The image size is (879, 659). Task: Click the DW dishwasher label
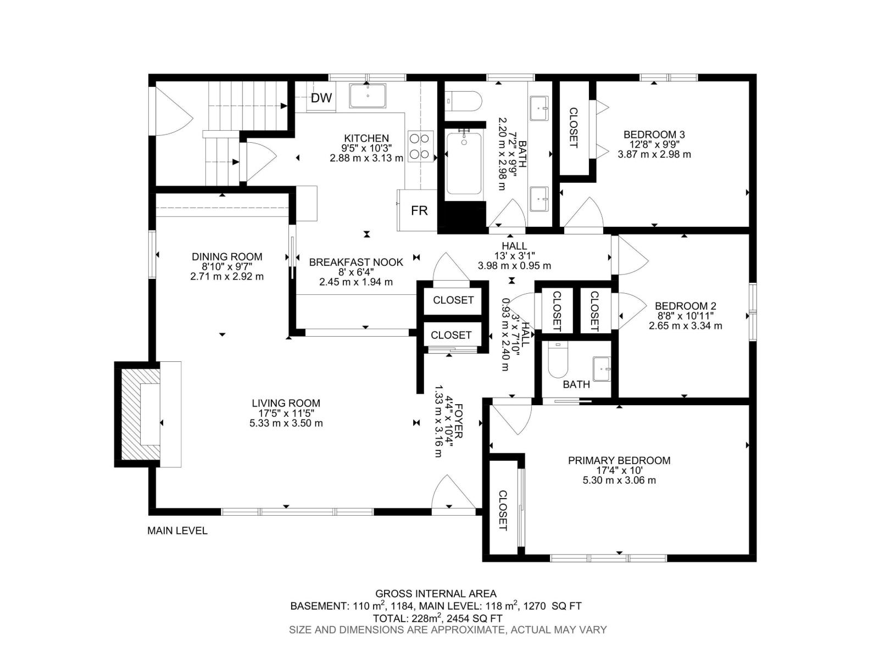(321, 98)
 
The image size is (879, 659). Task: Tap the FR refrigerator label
(419, 210)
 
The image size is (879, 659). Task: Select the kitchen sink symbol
(368, 96)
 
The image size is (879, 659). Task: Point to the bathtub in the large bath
(464, 163)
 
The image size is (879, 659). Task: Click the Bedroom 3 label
(654, 135)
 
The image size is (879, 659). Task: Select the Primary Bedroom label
(619, 461)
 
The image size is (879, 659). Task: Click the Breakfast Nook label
(356, 263)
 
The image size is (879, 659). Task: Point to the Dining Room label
(227, 256)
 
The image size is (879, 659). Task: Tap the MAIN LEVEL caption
(177, 530)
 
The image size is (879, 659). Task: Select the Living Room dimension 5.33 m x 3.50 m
(286, 423)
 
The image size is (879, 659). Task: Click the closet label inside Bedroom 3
(574, 128)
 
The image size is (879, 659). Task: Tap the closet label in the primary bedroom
(502, 510)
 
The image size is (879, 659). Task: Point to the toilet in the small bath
(558, 361)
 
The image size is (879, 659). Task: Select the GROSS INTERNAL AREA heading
(436, 594)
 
